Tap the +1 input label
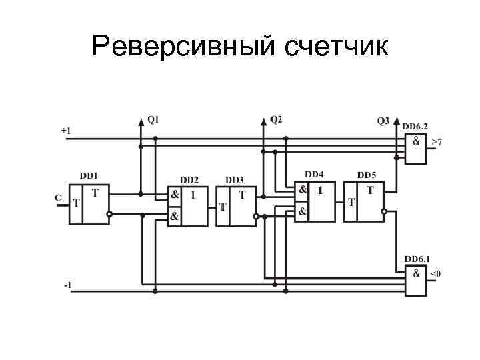(x=66, y=131)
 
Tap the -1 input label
(x=67, y=285)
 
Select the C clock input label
(x=58, y=198)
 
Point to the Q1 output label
(x=153, y=120)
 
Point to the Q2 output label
(x=276, y=120)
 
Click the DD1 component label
(x=89, y=175)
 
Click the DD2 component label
(x=189, y=180)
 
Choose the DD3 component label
(x=234, y=180)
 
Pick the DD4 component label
(x=314, y=175)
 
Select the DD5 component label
(x=367, y=175)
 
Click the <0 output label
(x=435, y=273)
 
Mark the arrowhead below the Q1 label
(x=141, y=122)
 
